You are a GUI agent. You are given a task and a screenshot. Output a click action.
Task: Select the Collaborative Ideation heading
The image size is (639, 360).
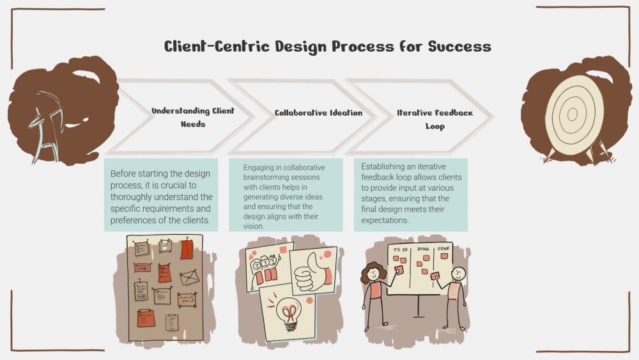click(x=318, y=113)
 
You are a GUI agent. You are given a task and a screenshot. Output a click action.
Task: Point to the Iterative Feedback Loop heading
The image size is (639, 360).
click(x=435, y=119)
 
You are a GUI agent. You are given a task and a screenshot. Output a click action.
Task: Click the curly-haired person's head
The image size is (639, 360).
click(x=371, y=273)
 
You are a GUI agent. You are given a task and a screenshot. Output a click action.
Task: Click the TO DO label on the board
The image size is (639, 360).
click(x=401, y=249)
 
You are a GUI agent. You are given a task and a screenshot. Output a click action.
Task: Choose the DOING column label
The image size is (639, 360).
click(x=423, y=249)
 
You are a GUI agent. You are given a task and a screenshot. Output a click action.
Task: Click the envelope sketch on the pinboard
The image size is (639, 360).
click(x=189, y=278)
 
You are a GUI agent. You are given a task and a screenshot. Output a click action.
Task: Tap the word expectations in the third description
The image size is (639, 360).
click(x=385, y=221)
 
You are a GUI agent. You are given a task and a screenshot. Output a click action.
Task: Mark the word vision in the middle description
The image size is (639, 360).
click(x=254, y=226)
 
